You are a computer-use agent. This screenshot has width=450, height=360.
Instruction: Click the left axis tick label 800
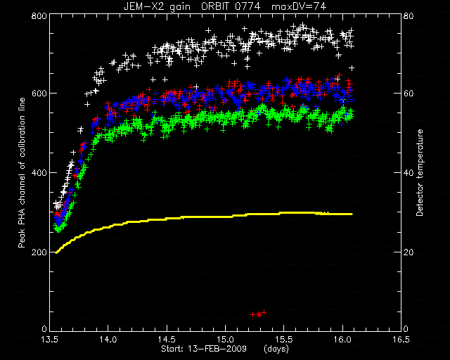tap(39, 15)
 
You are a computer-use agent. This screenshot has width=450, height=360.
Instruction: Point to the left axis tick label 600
tap(39, 94)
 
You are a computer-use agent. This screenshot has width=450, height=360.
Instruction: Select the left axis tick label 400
tap(39, 173)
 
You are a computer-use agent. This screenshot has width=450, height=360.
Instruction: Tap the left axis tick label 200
tap(39, 252)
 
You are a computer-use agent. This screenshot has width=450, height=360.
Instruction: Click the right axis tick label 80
tap(409, 15)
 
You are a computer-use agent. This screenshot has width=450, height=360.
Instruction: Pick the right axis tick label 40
tap(409, 173)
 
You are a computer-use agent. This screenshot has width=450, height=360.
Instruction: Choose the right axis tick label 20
tap(409, 252)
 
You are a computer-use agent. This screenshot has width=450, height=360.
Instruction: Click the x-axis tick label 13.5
tap(50, 340)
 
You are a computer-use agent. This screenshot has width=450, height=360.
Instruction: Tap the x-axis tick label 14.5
tap(167, 340)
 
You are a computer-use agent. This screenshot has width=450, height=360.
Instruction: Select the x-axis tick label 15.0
tap(226, 340)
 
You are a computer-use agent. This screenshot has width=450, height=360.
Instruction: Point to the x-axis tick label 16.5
tap(401, 340)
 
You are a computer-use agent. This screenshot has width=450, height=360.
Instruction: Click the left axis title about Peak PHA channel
tap(22, 173)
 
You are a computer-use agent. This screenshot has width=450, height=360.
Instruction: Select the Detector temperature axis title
tap(420, 173)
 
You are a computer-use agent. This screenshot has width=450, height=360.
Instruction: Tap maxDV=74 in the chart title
tap(299, 6)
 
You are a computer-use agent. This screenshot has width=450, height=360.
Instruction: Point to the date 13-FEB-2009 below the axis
tap(217, 349)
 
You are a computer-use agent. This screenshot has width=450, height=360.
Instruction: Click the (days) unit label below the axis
tap(276, 349)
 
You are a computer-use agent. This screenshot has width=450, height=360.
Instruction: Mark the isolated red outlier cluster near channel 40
tap(258, 314)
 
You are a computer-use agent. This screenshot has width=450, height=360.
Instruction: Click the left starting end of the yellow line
tap(56, 252)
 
